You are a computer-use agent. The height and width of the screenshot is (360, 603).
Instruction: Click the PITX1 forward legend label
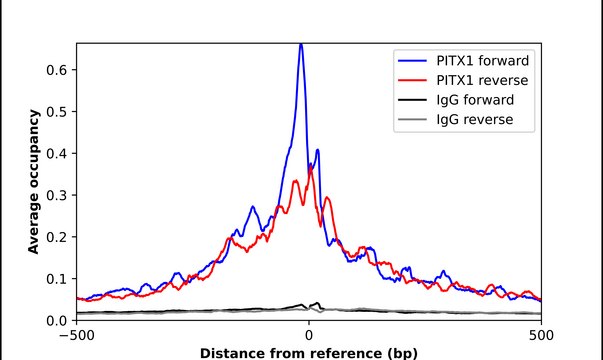coord(483,61)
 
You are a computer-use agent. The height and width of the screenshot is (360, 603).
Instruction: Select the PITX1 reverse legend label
coord(482,80)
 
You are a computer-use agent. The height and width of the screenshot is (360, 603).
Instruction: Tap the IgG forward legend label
coord(475,100)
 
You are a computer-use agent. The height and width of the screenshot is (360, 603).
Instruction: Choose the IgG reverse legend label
coord(475,120)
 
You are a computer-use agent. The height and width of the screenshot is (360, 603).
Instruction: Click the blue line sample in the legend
coord(412,61)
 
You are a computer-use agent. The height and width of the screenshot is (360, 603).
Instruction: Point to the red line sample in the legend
coord(412,80)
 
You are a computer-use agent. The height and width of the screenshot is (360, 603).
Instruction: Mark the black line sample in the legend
coord(412,100)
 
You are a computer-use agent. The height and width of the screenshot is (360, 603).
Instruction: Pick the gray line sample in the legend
coord(412,120)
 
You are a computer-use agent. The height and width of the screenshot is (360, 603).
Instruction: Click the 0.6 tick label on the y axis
coord(56,70)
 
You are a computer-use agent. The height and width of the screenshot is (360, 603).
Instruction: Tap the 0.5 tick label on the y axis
coord(56,112)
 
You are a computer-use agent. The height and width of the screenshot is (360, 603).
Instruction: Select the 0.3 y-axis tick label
coord(56,195)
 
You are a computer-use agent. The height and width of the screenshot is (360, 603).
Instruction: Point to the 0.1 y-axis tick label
coord(56,279)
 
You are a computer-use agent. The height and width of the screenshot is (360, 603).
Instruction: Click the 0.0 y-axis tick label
coord(56,320)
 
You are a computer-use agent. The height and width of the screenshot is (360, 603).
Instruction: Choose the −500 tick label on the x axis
coord(77,335)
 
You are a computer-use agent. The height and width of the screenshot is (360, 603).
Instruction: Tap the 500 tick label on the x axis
coord(541,335)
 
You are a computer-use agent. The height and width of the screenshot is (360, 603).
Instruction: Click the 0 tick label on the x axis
coord(309,335)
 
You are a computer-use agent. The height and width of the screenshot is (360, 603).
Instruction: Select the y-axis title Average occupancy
coord(34,182)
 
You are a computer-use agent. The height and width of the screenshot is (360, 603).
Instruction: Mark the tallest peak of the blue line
coord(301,45)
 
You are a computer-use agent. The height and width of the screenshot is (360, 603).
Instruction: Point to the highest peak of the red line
coord(311,168)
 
